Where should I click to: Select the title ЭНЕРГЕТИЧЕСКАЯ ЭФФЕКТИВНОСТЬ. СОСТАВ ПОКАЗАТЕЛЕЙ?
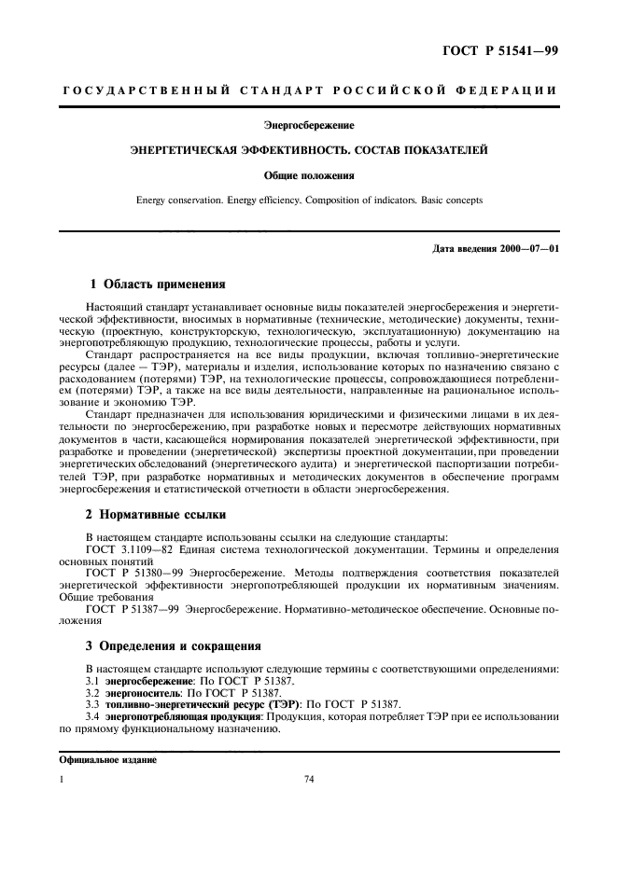pyautogui.click(x=308, y=149)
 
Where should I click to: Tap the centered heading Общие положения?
pyautogui.click(x=308, y=174)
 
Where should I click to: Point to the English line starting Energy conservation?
pyautogui.click(x=308, y=199)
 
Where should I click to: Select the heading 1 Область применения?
pyautogui.click(x=157, y=283)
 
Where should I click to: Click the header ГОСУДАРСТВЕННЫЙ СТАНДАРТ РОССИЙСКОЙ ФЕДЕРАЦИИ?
pyautogui.click(x=309, y=90)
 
